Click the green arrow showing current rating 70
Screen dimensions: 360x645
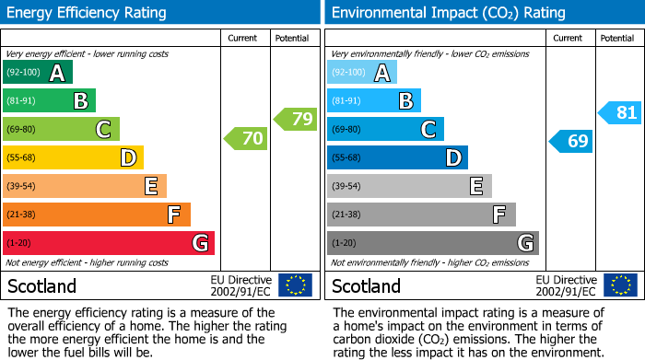pyautogui.click(x=245, y=139)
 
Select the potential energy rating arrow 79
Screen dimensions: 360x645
pyautogui.click(x=295, y=119)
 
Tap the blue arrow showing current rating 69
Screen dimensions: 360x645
pyautogui.click(x=570, y=141)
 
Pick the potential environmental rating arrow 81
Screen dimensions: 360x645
pyautogui.click(x=619, y=112)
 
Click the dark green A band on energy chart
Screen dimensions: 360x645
pyautogui.click(x=38, y=73)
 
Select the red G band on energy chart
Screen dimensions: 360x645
pyautogui.click(x=109, y=243)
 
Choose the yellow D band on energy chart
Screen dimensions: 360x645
pyautogui.click(x=74, y=158)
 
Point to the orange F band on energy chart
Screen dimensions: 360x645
pyautogui.click(x=97, y=215)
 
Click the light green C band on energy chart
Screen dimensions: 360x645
pyautogui.click(x=62, y=130)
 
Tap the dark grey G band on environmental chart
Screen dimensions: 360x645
pyautogui.click(x=433, y=243)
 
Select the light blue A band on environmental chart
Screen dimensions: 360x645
pyautogui.click(x=362, y=73)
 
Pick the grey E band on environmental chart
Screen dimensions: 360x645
pyautogui.click(x=409, y=186)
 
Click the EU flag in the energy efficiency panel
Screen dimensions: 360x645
pyautogui.click(x=295, y=285)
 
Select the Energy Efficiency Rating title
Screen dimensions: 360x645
pyautogui.click(x=88, y=13)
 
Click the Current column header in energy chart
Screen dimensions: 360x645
pyautogui.click(x=244, y=38)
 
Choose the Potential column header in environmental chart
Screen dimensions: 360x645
pyautogui.click(x=616, y=38)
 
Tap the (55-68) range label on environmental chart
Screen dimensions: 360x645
pyautogui.click(x=347, y=158)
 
